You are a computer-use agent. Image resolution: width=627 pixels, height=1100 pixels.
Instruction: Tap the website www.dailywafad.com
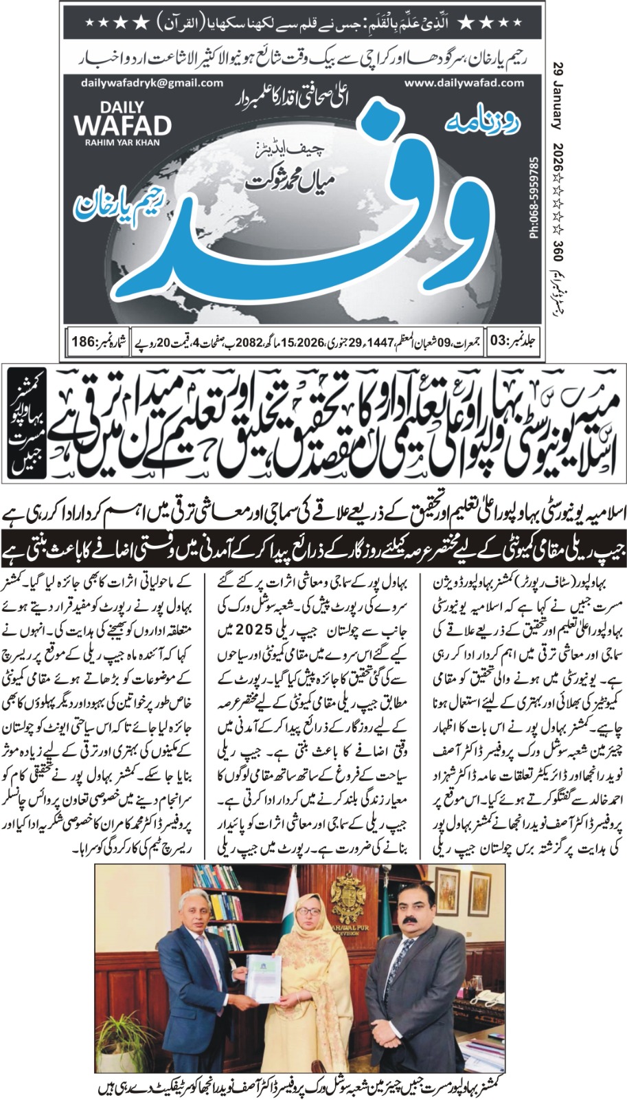click(x=464, y=82)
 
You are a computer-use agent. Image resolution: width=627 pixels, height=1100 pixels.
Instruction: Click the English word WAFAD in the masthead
click(x=122, y=126)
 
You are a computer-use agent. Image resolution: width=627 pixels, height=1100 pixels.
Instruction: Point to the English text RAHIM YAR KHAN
click(x=122, y=143)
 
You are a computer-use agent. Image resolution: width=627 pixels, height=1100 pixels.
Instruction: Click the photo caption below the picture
click(x=313, y=1086)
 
